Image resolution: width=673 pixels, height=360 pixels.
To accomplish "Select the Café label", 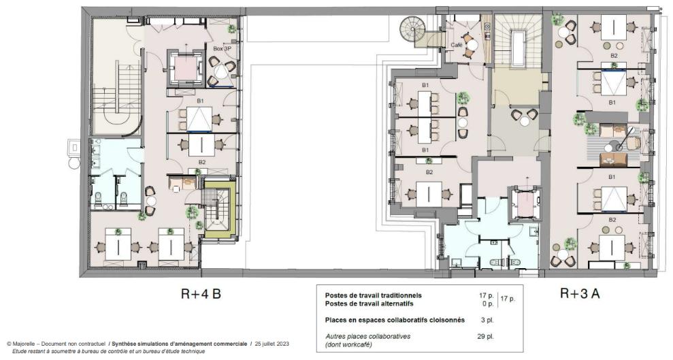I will point(457,45).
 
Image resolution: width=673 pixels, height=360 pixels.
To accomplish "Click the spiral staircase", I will point(413,29).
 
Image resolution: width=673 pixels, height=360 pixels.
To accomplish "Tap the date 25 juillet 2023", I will point(271,344).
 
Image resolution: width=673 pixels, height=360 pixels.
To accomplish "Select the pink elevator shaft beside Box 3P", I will point(186,67).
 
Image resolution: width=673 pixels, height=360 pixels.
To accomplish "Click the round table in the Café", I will point(472,45).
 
